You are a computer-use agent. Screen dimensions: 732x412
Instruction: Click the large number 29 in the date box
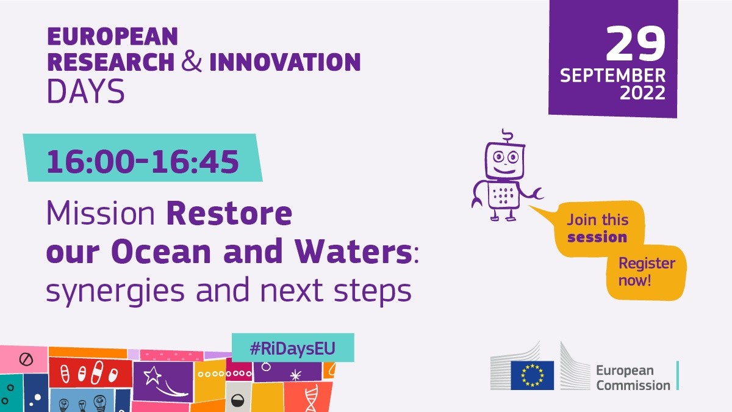pos(636,44)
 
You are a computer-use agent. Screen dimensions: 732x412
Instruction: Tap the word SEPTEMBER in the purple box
pos(612,76)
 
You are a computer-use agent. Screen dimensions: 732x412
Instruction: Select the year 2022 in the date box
pos(642,93)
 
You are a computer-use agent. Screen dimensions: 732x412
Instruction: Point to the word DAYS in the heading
pos(86,91)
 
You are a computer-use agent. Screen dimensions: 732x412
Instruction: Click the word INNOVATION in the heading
pos(285,62)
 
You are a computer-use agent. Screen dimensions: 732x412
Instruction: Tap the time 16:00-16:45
pos(143,162)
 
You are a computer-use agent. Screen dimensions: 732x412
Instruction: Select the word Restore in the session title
pos(229,213)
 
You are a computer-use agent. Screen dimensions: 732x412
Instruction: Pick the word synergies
pos(115,292)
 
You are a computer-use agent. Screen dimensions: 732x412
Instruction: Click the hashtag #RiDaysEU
pos(293,349)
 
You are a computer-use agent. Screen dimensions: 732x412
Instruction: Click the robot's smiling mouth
pos(504,171)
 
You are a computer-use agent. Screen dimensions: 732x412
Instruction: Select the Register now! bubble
pos(646,272)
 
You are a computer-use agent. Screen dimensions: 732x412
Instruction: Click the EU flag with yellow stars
pos(533,375)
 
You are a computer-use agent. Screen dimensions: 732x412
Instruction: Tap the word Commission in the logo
pos(633,386)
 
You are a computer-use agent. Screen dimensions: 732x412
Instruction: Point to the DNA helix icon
pos(312,397)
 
